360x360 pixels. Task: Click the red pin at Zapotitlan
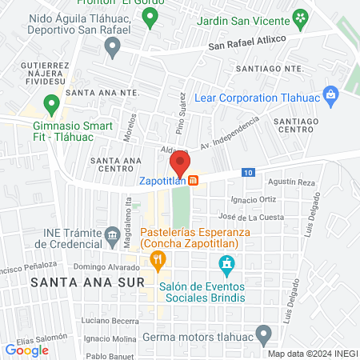181,165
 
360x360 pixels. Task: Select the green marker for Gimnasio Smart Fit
52,103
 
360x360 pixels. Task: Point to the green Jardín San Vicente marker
300,17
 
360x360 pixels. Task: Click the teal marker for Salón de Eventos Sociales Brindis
227,263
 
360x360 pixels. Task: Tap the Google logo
26,350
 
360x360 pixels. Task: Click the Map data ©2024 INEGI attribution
311,354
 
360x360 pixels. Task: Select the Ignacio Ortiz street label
253,199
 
